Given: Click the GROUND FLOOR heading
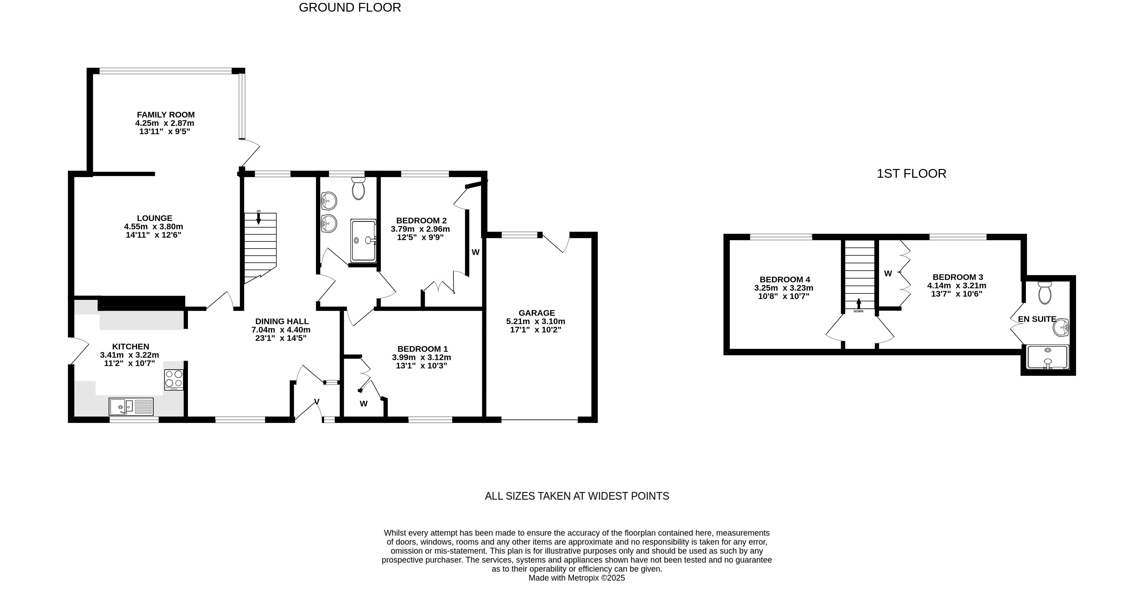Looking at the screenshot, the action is pyautogui.click(x=350, y=7).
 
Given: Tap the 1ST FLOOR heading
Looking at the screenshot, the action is pyautogui.click(x=911, y=174).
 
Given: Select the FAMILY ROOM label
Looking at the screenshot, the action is pyautogui.click(x=166, y=114).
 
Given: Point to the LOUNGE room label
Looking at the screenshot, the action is pyautogui.click(x=155, y=218).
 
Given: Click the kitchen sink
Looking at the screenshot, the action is pyautogui.click(x=131, y=406).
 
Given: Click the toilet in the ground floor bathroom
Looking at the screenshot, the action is pyautogui.click(x=358, y=189).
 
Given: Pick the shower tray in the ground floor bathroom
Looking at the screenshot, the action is pyautogui.click(x=363, y=240).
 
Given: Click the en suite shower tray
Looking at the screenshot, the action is pyautogui.click(x=1048, y=357).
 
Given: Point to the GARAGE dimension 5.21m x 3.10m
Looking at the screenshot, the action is pyautogui.click(x=536, y=321).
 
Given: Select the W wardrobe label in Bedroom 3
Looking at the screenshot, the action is pyautogui.click(x=888, y=273).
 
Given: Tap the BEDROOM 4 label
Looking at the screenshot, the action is pyautogui.click(x=785, y=279).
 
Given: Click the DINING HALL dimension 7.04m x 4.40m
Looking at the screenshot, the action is pyautogui.click(x=281, y=330).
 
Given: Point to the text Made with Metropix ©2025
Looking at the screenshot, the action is pyautogui.click(x=576, y=578).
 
